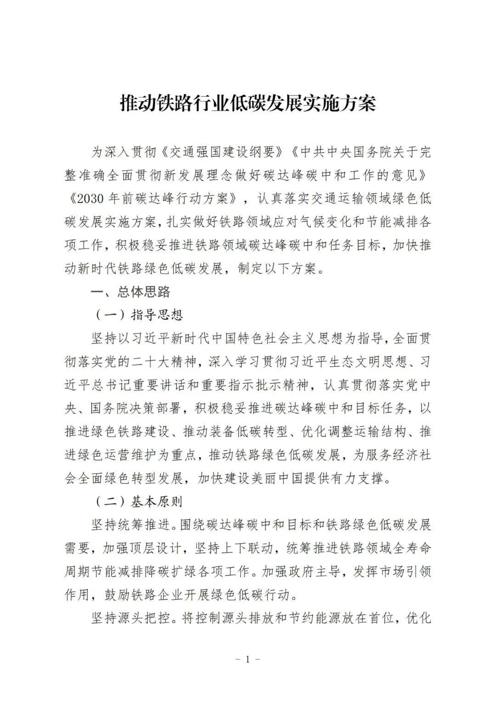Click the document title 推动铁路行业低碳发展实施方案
(248, 104)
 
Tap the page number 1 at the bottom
(248, 660)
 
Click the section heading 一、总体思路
(130, 292)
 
